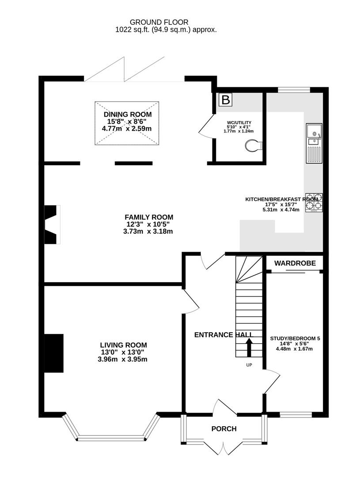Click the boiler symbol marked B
(225, 100)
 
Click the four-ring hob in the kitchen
(314, 203)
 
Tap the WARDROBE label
(295, 263)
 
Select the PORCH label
(224, 429)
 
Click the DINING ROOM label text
(127, 114)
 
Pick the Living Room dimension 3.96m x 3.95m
(123, 360)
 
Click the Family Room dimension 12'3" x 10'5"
(148, 224)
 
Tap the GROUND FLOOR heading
(159, 22)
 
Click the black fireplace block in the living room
(54, 353)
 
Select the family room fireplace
(52, 224)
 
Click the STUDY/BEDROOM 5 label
(295, 339)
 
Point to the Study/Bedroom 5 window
(296, 415)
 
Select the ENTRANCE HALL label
(220, 335)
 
